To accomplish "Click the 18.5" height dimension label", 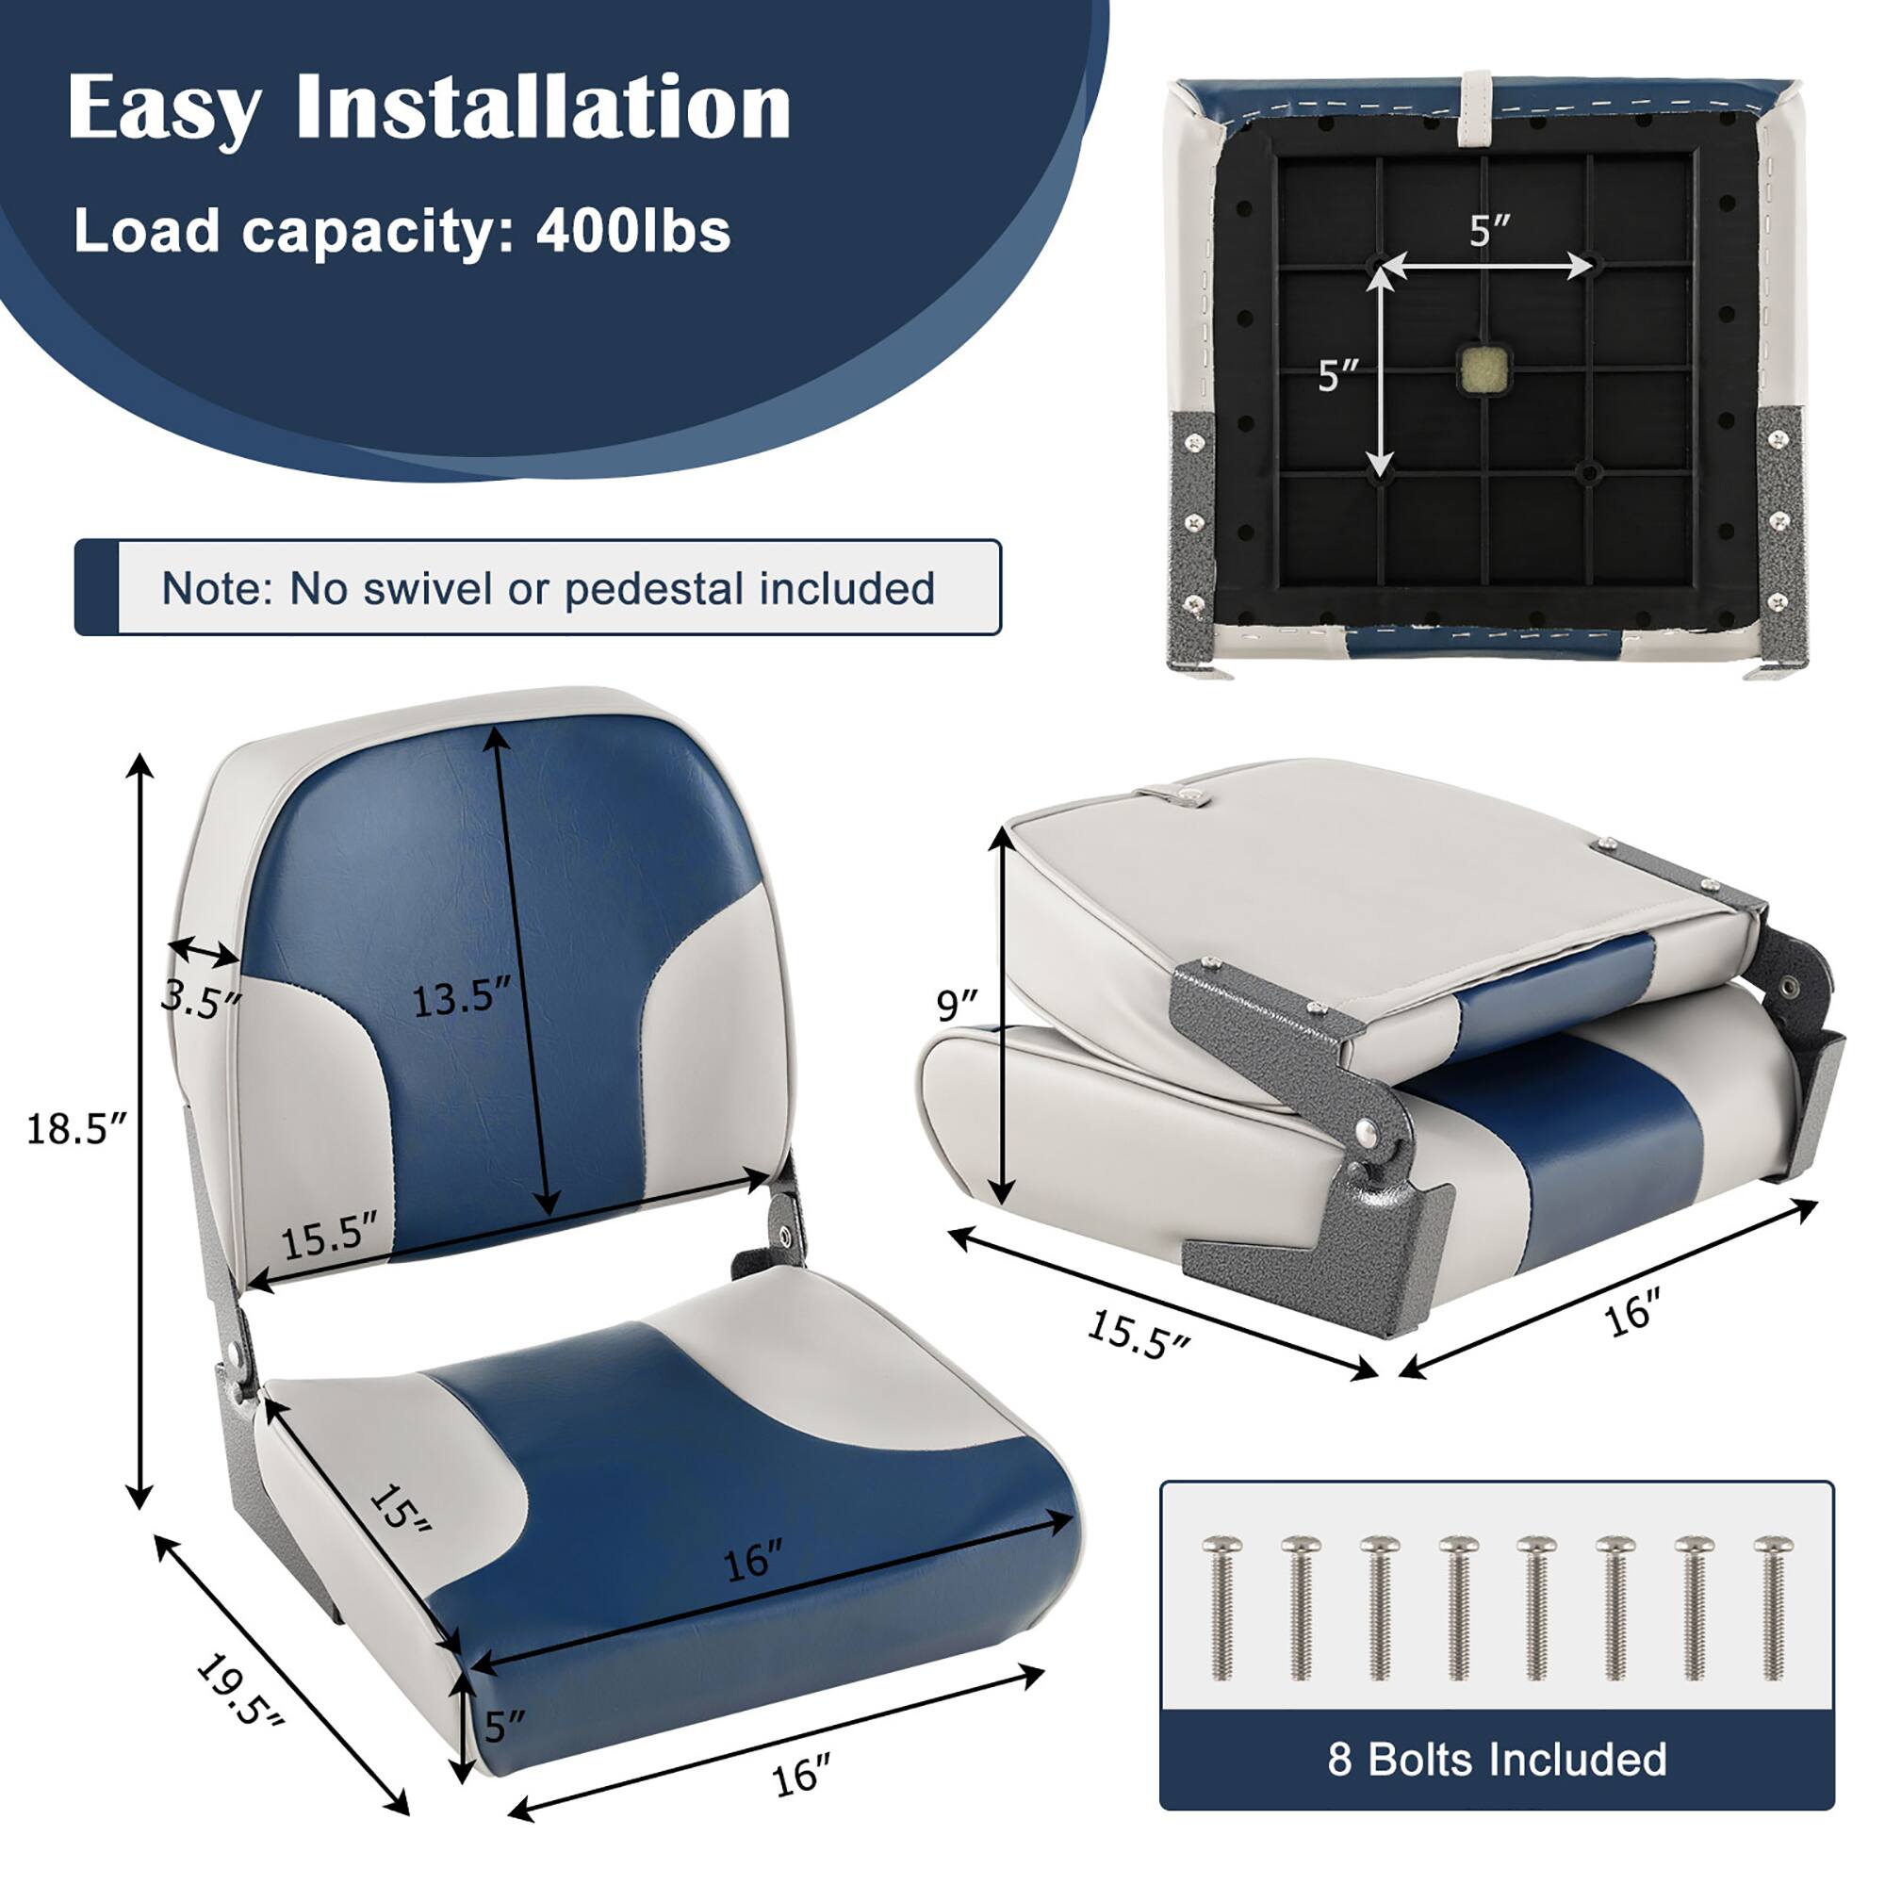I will pos(76,1129).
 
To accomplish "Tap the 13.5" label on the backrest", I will pos(461,999).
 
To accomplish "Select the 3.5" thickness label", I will pos(201,999).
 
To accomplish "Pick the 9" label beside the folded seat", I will pos(956,1004).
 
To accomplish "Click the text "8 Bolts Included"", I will pos(1497,1759).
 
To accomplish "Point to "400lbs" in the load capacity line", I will pos(632,232).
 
